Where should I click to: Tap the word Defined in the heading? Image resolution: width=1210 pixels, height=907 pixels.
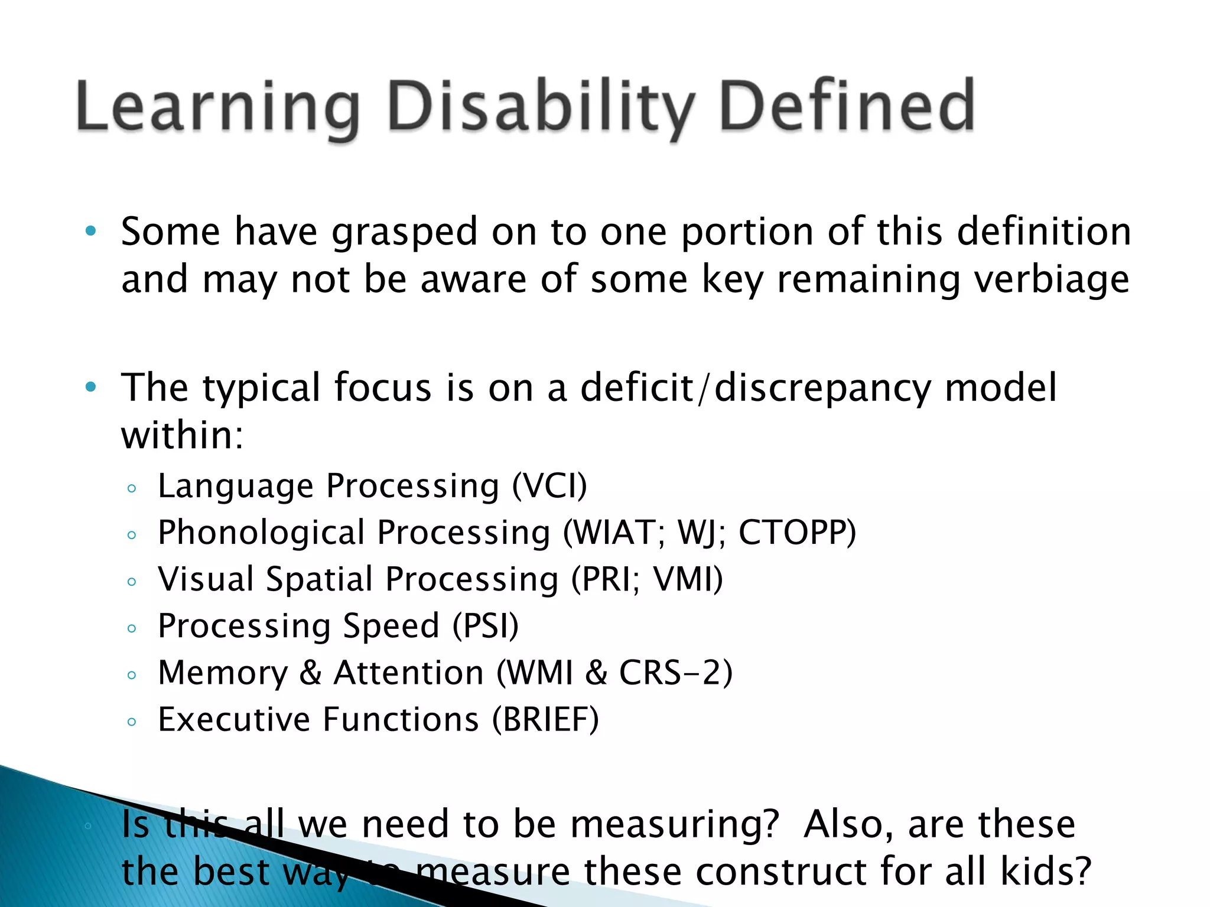coord(846,106)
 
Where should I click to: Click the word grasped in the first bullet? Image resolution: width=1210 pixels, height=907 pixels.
coord(404,233)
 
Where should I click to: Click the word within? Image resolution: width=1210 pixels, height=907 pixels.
coord(182,436)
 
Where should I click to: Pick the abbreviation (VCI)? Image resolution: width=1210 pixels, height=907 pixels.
coord(549,487)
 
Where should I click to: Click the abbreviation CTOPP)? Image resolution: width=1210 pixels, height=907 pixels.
coord(797,533)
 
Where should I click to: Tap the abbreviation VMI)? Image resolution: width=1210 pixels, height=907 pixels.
coord(688,579)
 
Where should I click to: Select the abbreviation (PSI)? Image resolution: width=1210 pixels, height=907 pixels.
coord(486,626)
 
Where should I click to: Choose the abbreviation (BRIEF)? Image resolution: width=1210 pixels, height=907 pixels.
coord(545,720)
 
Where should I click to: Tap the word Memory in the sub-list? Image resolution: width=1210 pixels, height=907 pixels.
coord(223,673)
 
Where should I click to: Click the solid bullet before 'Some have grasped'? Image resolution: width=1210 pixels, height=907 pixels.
coord(90,231)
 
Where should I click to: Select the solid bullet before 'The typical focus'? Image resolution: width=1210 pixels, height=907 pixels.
coord(90,387)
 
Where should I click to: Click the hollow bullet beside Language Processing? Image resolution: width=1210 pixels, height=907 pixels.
coord(132,488)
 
